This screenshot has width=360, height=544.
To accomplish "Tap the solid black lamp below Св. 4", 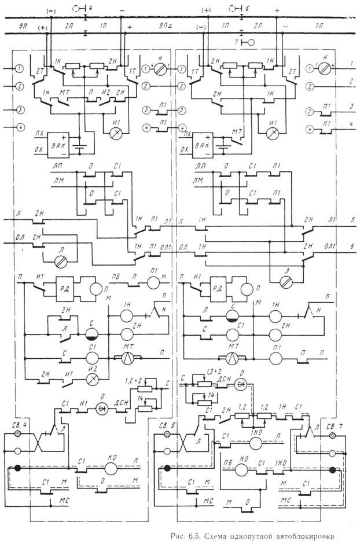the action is click(19, 469).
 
